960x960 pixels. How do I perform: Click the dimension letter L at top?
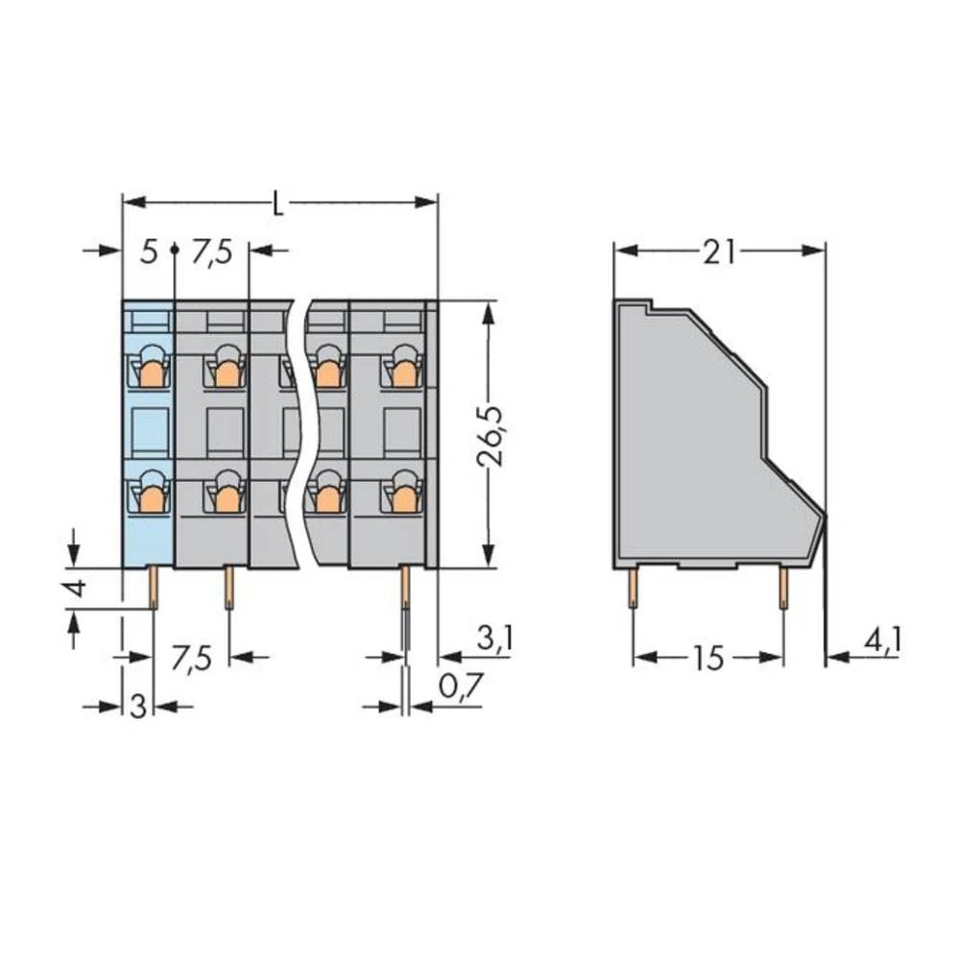coord(278,204)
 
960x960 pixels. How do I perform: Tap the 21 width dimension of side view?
coord(719,252)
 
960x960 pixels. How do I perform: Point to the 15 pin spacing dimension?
coord(708,659)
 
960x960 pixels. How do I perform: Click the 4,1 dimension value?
coord(881,639)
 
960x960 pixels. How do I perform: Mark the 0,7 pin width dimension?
coord(460,687)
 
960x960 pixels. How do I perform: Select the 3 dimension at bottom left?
coord(137,708)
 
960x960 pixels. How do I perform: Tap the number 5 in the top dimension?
coord(147,253)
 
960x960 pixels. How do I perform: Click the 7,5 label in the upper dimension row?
coord(211,253)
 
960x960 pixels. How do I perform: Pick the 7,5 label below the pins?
coord(190,659)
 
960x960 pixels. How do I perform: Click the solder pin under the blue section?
coord(154,587)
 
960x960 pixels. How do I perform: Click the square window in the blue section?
coord(149,430)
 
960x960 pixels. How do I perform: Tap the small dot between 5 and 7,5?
coord(174,249)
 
